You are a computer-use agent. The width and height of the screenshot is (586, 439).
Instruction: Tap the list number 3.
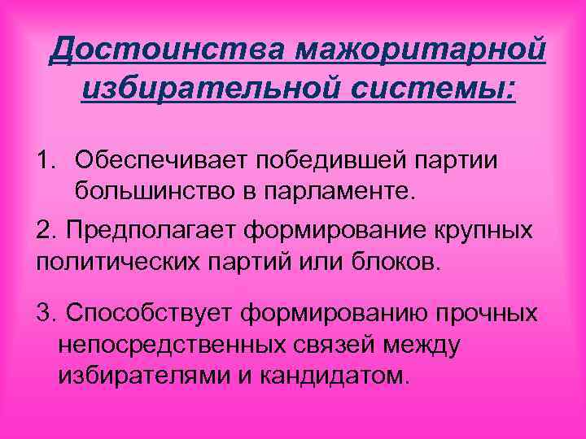click(46, 312)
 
